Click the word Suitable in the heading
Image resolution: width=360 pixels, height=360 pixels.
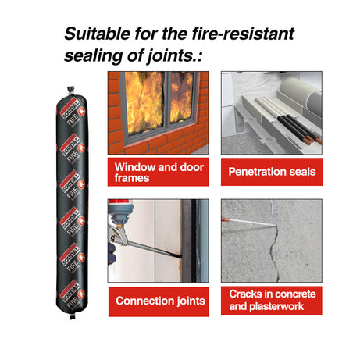point(97,34)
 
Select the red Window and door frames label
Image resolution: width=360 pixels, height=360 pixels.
point(158,172)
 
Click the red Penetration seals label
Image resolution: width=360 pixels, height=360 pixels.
point(272,172)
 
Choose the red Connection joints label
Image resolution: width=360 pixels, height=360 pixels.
point(159,301)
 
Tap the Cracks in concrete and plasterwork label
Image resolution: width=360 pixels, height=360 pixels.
point(272,301)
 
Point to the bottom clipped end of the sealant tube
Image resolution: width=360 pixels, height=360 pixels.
point(72,315)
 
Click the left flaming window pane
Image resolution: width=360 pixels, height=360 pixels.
point(144,103)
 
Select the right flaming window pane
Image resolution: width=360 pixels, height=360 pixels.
point(182,97)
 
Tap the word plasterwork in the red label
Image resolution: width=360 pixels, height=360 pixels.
point(276,307)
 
